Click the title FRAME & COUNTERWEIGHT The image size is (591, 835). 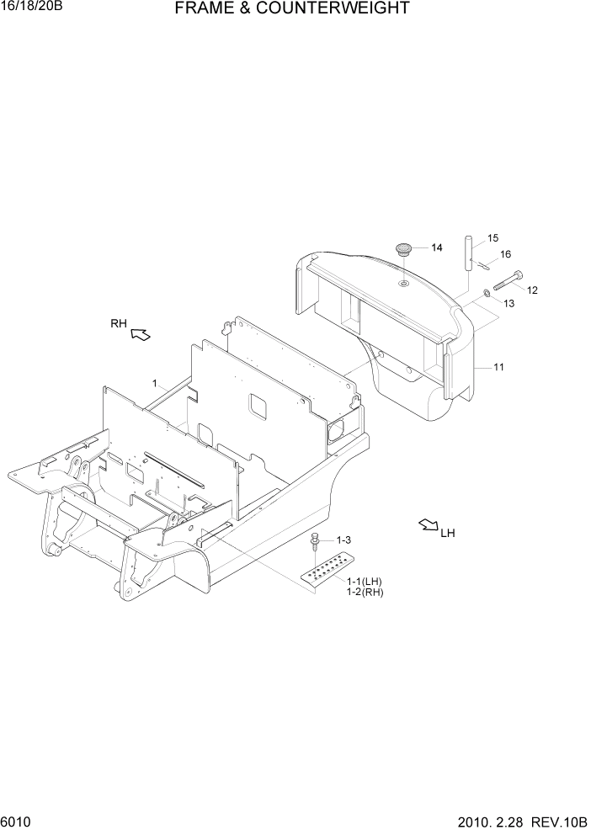click(292, 9)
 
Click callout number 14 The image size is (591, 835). click(436, 247)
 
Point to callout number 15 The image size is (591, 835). click(493, 238)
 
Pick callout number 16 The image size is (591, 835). click(505, 253)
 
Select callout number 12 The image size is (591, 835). click(532, 290)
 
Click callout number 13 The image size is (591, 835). click(508, 303)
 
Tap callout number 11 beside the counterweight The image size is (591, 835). click(498, 367)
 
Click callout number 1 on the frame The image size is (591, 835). click(155, 383)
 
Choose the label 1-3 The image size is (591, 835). click(343, 540)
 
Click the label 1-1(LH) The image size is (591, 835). click(364, 582)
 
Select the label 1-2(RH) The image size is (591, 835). click(364, 593)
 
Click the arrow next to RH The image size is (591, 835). click(141, 336)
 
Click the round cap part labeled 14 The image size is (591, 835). click(404, 249)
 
